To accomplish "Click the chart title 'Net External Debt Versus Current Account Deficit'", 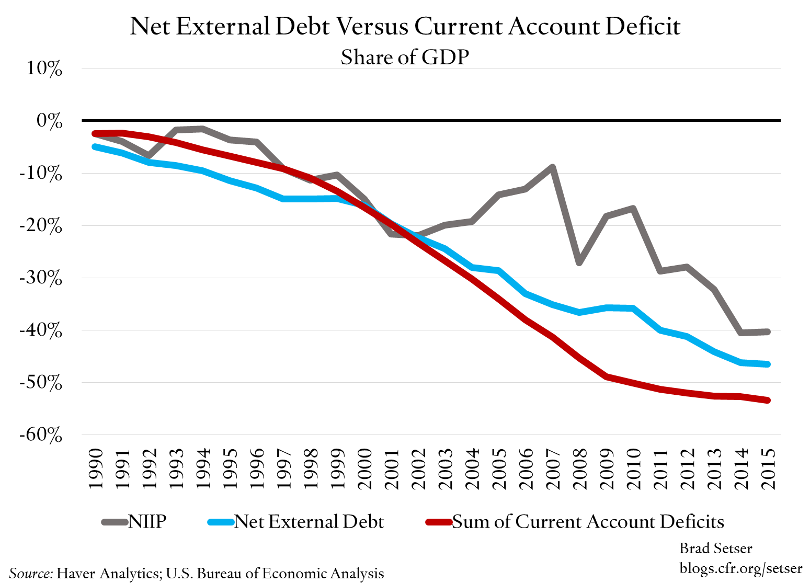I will pyautogui.click(x=405, y=26).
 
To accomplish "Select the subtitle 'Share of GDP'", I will pyautogui.click(x=405, y=57).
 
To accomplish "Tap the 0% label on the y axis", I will pyautogui.click(x=49, y=121).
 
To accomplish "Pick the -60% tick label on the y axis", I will pyautogui.click(x=40, y=435).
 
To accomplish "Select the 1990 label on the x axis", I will pyautogui.click(x=95, y=468).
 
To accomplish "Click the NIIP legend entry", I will pyautogui.click(x=134, y=521).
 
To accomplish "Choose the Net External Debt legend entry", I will pyautogui.click(x=296, y=521).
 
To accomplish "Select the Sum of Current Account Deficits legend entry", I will pyautogui.click(x=575, y=521).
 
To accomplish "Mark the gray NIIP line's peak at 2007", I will pyautogui.click(x=552, y=167).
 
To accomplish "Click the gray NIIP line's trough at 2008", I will pyautogui.click(x=579, y=262).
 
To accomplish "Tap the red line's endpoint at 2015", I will pyautogui.click(x=768, y=400).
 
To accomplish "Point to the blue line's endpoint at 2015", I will pyautogui.click(x=768, y=364).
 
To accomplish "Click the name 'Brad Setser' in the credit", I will pyautogui.click(x=715, y=548).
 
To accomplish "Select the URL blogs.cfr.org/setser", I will pyautogui.click(x=740, y=567).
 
